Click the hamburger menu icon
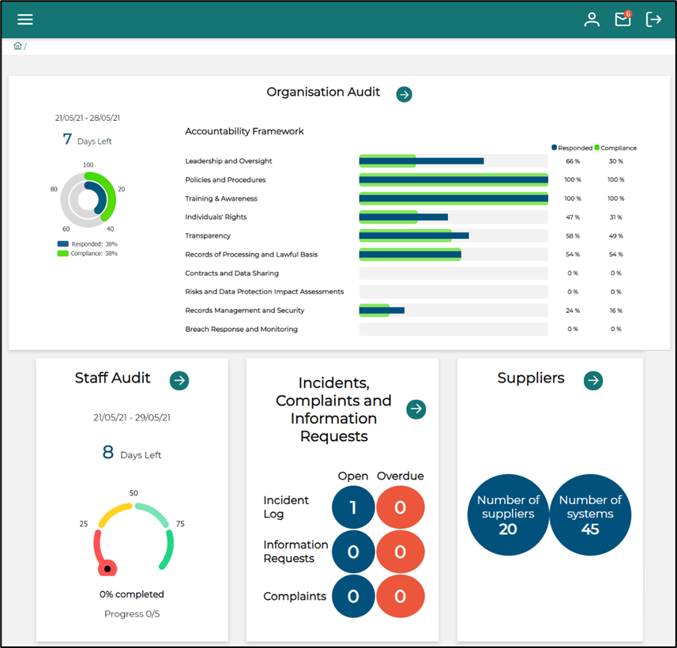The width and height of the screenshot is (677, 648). click(x=25, y=20)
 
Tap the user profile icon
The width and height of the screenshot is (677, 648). click(x=592, y=20)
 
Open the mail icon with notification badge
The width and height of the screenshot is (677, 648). click(x=623, y=19)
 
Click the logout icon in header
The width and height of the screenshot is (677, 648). click(x=653, y=20)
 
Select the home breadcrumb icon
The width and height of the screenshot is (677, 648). click(x=17, y=46)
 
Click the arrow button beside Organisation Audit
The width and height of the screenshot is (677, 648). click(x=404, y=94)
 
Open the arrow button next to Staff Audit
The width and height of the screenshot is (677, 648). click(x=179, y=380)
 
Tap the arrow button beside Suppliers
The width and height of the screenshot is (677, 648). click(x=592, y=380)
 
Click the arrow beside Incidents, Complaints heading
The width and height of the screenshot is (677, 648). click(x=416, y=409)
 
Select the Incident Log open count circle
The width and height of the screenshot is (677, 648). click(x=353, y=507)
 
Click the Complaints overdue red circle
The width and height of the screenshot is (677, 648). click(x=400, y=596)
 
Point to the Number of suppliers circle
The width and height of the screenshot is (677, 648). click(x=508, y=514)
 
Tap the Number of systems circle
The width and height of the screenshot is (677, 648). click(x=590, y=514)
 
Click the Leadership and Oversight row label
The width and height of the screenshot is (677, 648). click(x=228, y=160)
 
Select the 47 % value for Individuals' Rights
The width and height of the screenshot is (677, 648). click(x=572, y=217)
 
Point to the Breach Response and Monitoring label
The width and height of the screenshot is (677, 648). click(x=241, y=329)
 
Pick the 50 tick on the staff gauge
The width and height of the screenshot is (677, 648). click(x=134, y=493)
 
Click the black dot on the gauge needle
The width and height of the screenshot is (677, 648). click(x=107, y=568)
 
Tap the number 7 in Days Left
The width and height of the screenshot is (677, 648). click(x=67, y=140)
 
